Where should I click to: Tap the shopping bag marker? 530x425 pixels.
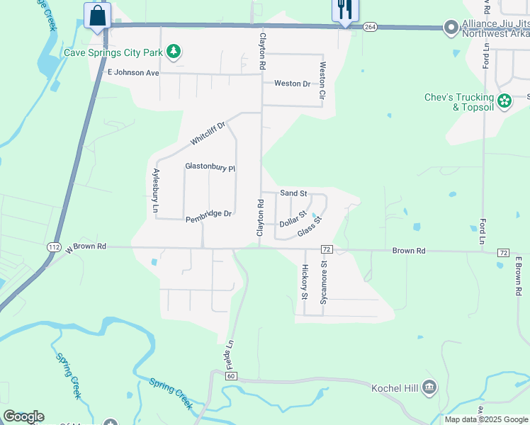click(x=97, y=15)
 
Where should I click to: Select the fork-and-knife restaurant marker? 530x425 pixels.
click(x=345, y=10)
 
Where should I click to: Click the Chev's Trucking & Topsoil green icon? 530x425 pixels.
click(x=504, y=102)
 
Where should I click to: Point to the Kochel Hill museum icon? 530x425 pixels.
click(x=429, y=387)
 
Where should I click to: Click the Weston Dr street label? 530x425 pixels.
click(x=292, y=84)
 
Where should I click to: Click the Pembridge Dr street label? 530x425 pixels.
click(x=209, y=213)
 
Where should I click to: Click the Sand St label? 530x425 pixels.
click(x=293, y=193)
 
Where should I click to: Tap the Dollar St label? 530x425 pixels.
click(x=293, y=219)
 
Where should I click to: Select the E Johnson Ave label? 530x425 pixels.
click(x=132, y=72)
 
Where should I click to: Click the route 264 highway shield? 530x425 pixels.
click(x=370, y=27)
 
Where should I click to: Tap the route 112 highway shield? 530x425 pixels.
click(x=55, y=247)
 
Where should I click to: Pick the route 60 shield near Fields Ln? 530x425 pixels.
click(x=232, y=376)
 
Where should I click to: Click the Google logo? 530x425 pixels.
click(x=23, y=416)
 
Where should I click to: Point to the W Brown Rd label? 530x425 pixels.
click(x=86, y=248)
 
